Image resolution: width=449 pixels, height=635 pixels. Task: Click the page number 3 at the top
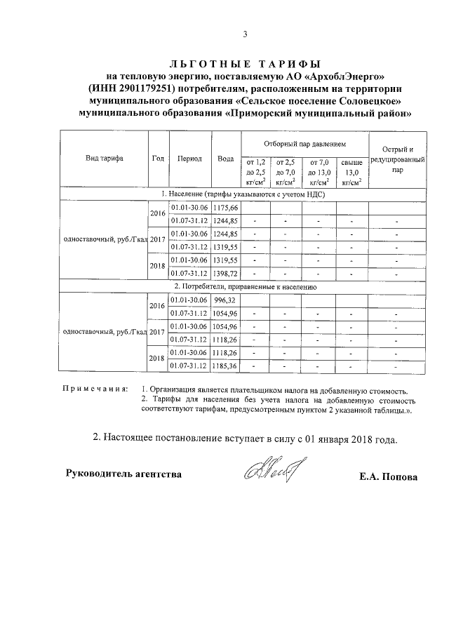pos(245,34)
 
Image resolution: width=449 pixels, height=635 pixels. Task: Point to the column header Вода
pos(225,159)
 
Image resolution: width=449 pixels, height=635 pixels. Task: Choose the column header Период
pos(189,159)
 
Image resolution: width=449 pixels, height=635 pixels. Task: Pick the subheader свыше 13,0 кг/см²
pos(352,172)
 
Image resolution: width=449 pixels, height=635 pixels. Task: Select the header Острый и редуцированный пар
pos(398,159)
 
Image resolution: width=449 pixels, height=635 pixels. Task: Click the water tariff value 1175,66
pos(226,208)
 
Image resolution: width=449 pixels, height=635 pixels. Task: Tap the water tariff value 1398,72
pos(226,272)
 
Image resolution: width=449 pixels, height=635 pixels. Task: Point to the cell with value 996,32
pos(226,300)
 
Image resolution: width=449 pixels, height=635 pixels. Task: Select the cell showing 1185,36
pos(226,366)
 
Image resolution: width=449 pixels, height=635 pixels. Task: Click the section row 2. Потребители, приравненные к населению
pos(246,286)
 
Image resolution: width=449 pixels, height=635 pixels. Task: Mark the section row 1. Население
pos(246,194)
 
